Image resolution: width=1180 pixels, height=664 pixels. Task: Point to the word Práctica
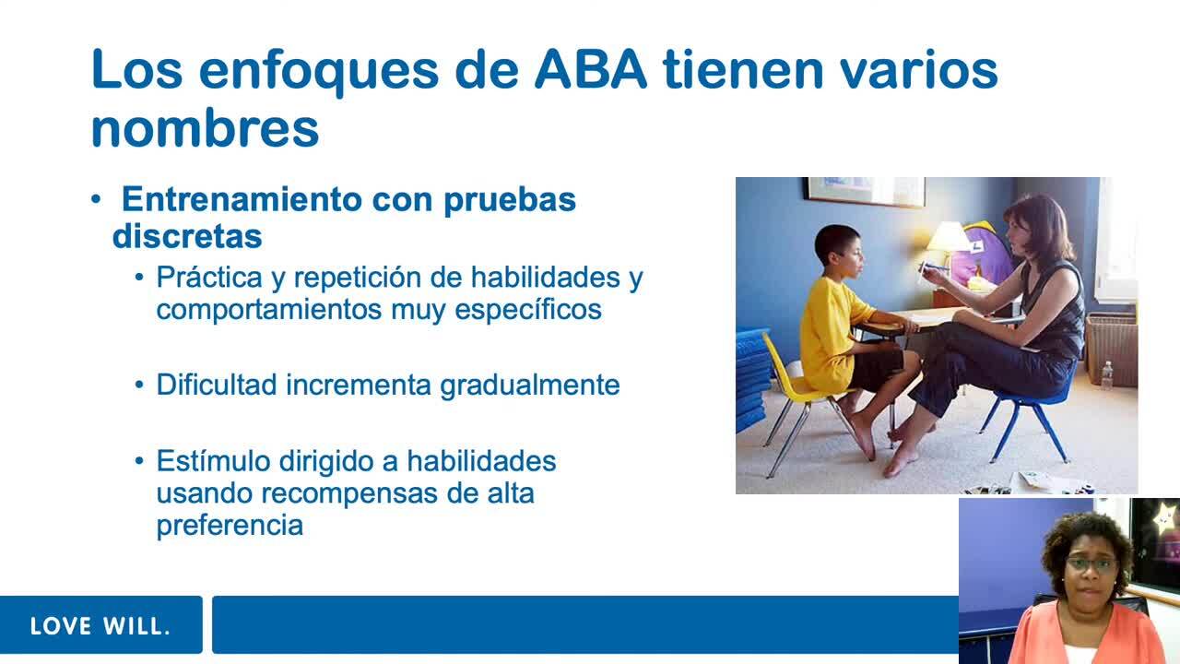pos(209,278)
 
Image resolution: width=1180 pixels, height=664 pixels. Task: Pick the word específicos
pos(528,310)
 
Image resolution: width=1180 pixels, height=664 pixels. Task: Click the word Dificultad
pos(217,385)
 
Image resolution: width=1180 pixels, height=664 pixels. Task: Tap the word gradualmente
pos(530,386)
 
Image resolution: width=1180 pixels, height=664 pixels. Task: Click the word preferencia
pos(230,526)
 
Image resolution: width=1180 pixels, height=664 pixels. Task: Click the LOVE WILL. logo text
pos(100,626)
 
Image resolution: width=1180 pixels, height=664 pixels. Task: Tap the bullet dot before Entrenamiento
pos(96,199)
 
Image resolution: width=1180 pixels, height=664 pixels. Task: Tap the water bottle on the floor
pos(1107,375)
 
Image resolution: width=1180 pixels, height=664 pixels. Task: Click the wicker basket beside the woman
pos(1112,349)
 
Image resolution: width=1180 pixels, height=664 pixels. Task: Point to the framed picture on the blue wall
pos(865,191)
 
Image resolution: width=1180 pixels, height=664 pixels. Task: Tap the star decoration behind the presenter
pos(1163,518)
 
